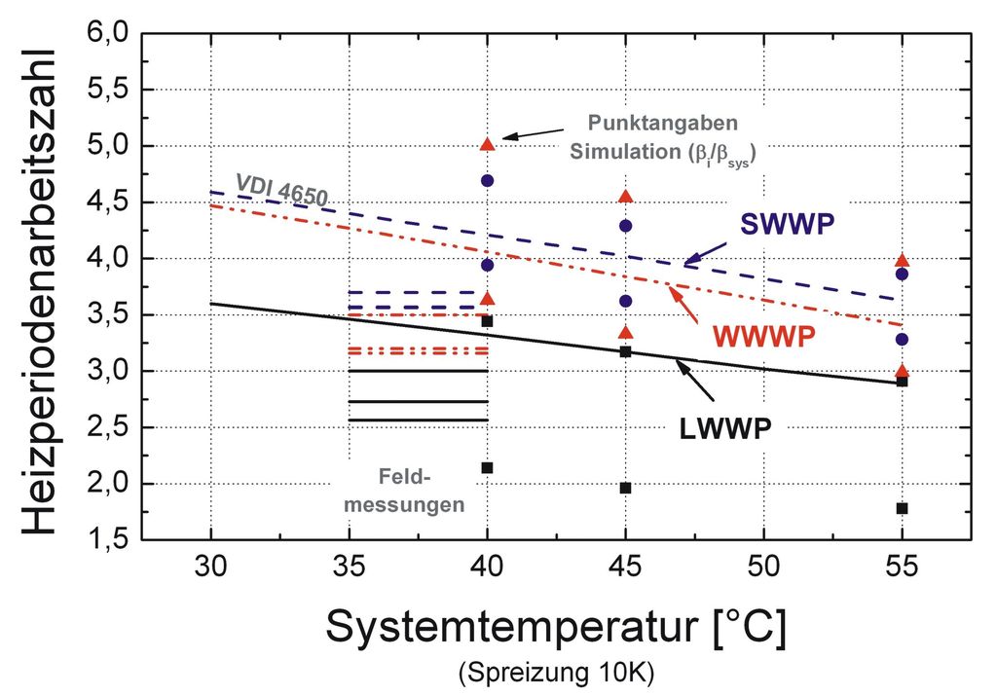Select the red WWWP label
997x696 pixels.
pos(762,335)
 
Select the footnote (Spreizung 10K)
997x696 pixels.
pos(555,673)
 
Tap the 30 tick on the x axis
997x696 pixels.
pos(210,566)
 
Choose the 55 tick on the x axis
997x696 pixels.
pos(902,566)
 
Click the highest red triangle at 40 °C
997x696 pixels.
pos(488,144)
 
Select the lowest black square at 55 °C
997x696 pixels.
pos(902,508)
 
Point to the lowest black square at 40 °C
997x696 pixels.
pos(487,468)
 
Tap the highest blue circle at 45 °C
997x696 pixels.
pos(625,226)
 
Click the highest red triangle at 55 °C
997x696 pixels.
pos(902,260)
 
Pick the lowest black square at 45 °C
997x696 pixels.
pos(625,488)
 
